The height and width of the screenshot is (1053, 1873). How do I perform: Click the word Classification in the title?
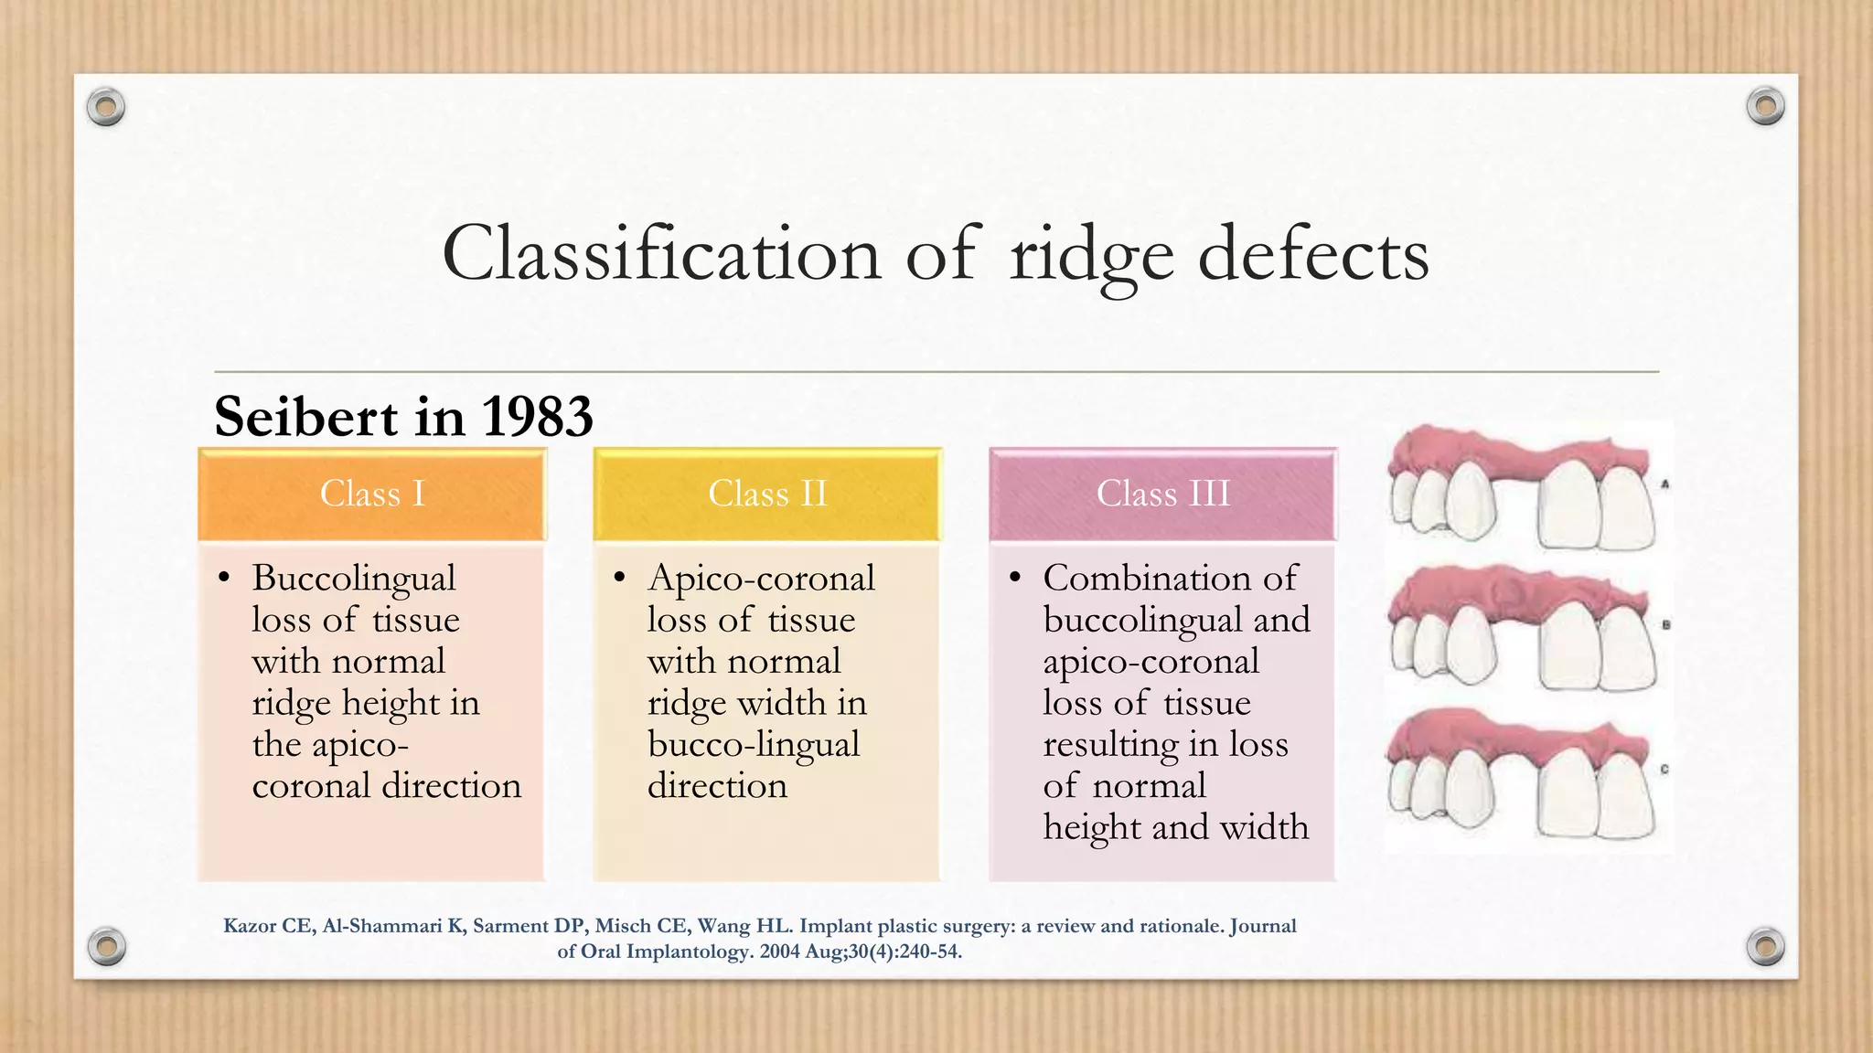coord(661,254)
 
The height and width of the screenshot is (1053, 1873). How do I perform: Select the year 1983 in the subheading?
coord(537,417)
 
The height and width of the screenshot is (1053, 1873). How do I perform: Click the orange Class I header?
coord(372,494)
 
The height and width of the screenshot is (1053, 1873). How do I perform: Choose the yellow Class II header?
coord(767,494)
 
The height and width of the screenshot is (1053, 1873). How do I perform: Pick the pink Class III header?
coord(1162,494)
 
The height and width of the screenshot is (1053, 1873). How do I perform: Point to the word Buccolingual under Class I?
coord(354,579)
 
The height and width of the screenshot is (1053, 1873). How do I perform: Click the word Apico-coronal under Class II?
coord(761,579)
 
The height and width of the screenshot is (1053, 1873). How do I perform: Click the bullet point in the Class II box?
coord(620,578)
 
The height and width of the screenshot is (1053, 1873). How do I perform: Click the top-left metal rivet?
coord(106,108)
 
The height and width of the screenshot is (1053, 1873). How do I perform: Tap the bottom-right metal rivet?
coord(1765,946)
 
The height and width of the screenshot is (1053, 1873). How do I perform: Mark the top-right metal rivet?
coord(1765,106)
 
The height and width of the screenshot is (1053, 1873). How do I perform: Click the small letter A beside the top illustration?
coord(1665,484)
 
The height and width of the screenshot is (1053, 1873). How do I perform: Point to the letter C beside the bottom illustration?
coord(1664,770)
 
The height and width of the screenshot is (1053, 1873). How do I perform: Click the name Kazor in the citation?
coord(250,926)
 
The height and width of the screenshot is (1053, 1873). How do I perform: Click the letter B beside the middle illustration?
coord(1665,625)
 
